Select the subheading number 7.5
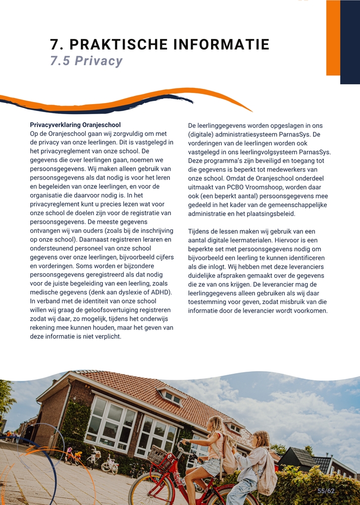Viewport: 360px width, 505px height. (x=60, y=61)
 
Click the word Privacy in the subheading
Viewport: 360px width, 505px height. (x=98, y=61)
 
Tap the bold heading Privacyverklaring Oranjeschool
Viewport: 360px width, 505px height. (x=75, y=125)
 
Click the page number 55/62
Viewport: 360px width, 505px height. (x=326, y=491)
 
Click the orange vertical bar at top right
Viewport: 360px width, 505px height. (x=333, y=38)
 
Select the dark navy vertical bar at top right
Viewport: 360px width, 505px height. (x=350, y=42)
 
